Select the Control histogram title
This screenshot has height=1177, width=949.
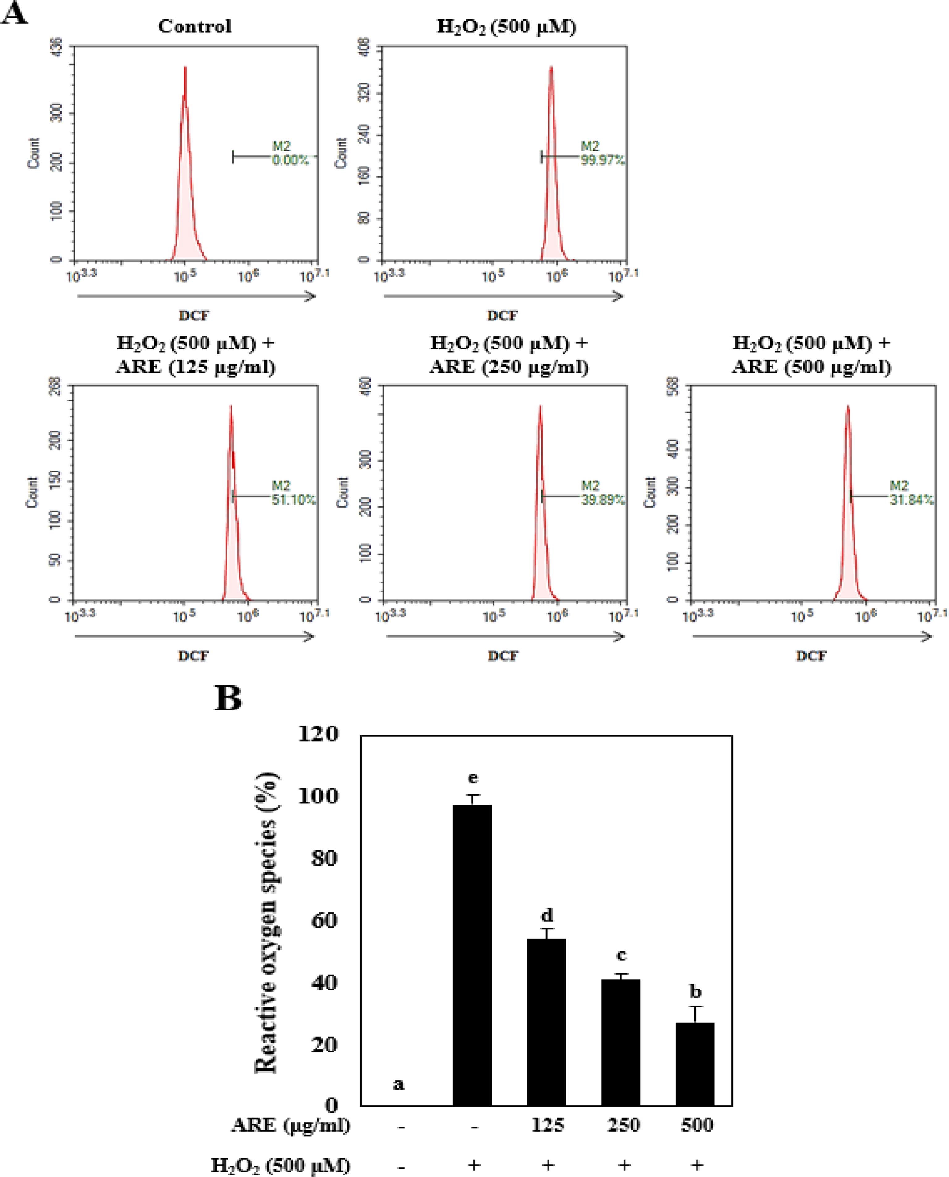tap(195, 26)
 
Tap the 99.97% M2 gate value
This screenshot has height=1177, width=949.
tap(602, 160)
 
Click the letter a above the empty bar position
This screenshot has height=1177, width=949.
tap(399, 1083)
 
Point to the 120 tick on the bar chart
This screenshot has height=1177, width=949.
tap(318, 734)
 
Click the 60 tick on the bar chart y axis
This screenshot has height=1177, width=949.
tap(324, 921)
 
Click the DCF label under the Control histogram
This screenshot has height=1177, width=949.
tap(194, 315)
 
